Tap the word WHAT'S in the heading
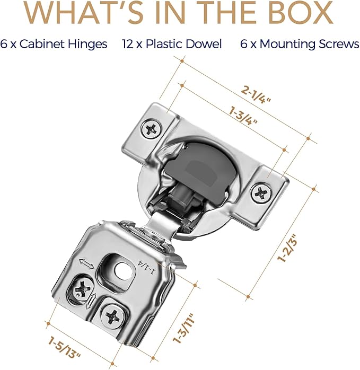tap(84, 12)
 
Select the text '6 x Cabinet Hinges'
tap(54, 44)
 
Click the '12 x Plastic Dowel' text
tap(172, 44)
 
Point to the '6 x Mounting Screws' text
tap(300, 44)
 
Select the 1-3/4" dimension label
tap(243, 116)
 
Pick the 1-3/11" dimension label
tap(183, 329)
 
